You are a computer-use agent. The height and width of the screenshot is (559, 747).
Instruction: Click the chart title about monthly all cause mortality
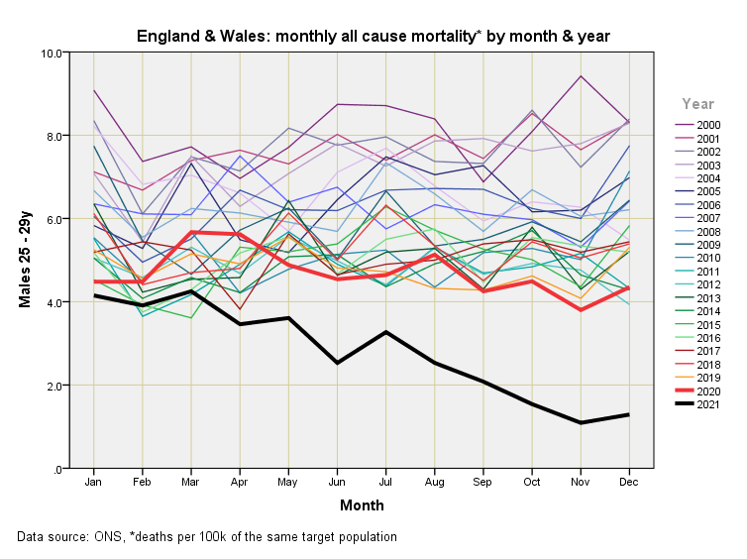click(373, 37)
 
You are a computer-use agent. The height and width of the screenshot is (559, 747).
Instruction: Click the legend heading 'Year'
click(697, 103)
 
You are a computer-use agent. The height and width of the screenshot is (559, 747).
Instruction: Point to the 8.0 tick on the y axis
click(55, 136)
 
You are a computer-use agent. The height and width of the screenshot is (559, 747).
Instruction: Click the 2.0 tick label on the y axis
click(55, 386)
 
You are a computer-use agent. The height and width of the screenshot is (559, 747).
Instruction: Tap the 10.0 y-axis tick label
click(53, 53)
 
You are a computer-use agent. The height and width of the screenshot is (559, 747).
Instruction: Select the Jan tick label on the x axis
click(94, 483)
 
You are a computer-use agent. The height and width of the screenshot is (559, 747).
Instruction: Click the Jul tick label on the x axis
click(385, 483)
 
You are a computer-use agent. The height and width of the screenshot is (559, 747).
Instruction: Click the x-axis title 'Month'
click(362, 505)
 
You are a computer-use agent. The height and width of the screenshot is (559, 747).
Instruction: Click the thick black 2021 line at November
click(581, 423)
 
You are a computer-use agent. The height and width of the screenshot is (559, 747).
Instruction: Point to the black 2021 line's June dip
click(337, 363)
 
